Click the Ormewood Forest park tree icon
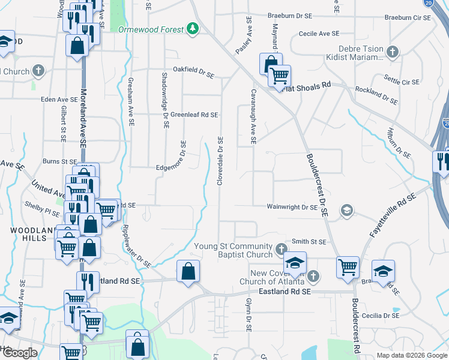[192, 29]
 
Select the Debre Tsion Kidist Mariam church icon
[392, 52]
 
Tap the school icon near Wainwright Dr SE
[346, 211]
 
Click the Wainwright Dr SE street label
[292, 207]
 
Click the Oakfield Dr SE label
[193, 73]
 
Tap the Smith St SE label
[309, 242]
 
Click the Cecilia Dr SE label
[379, 315]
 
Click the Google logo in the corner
[20, 353]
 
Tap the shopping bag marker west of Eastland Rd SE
[188, 271]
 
